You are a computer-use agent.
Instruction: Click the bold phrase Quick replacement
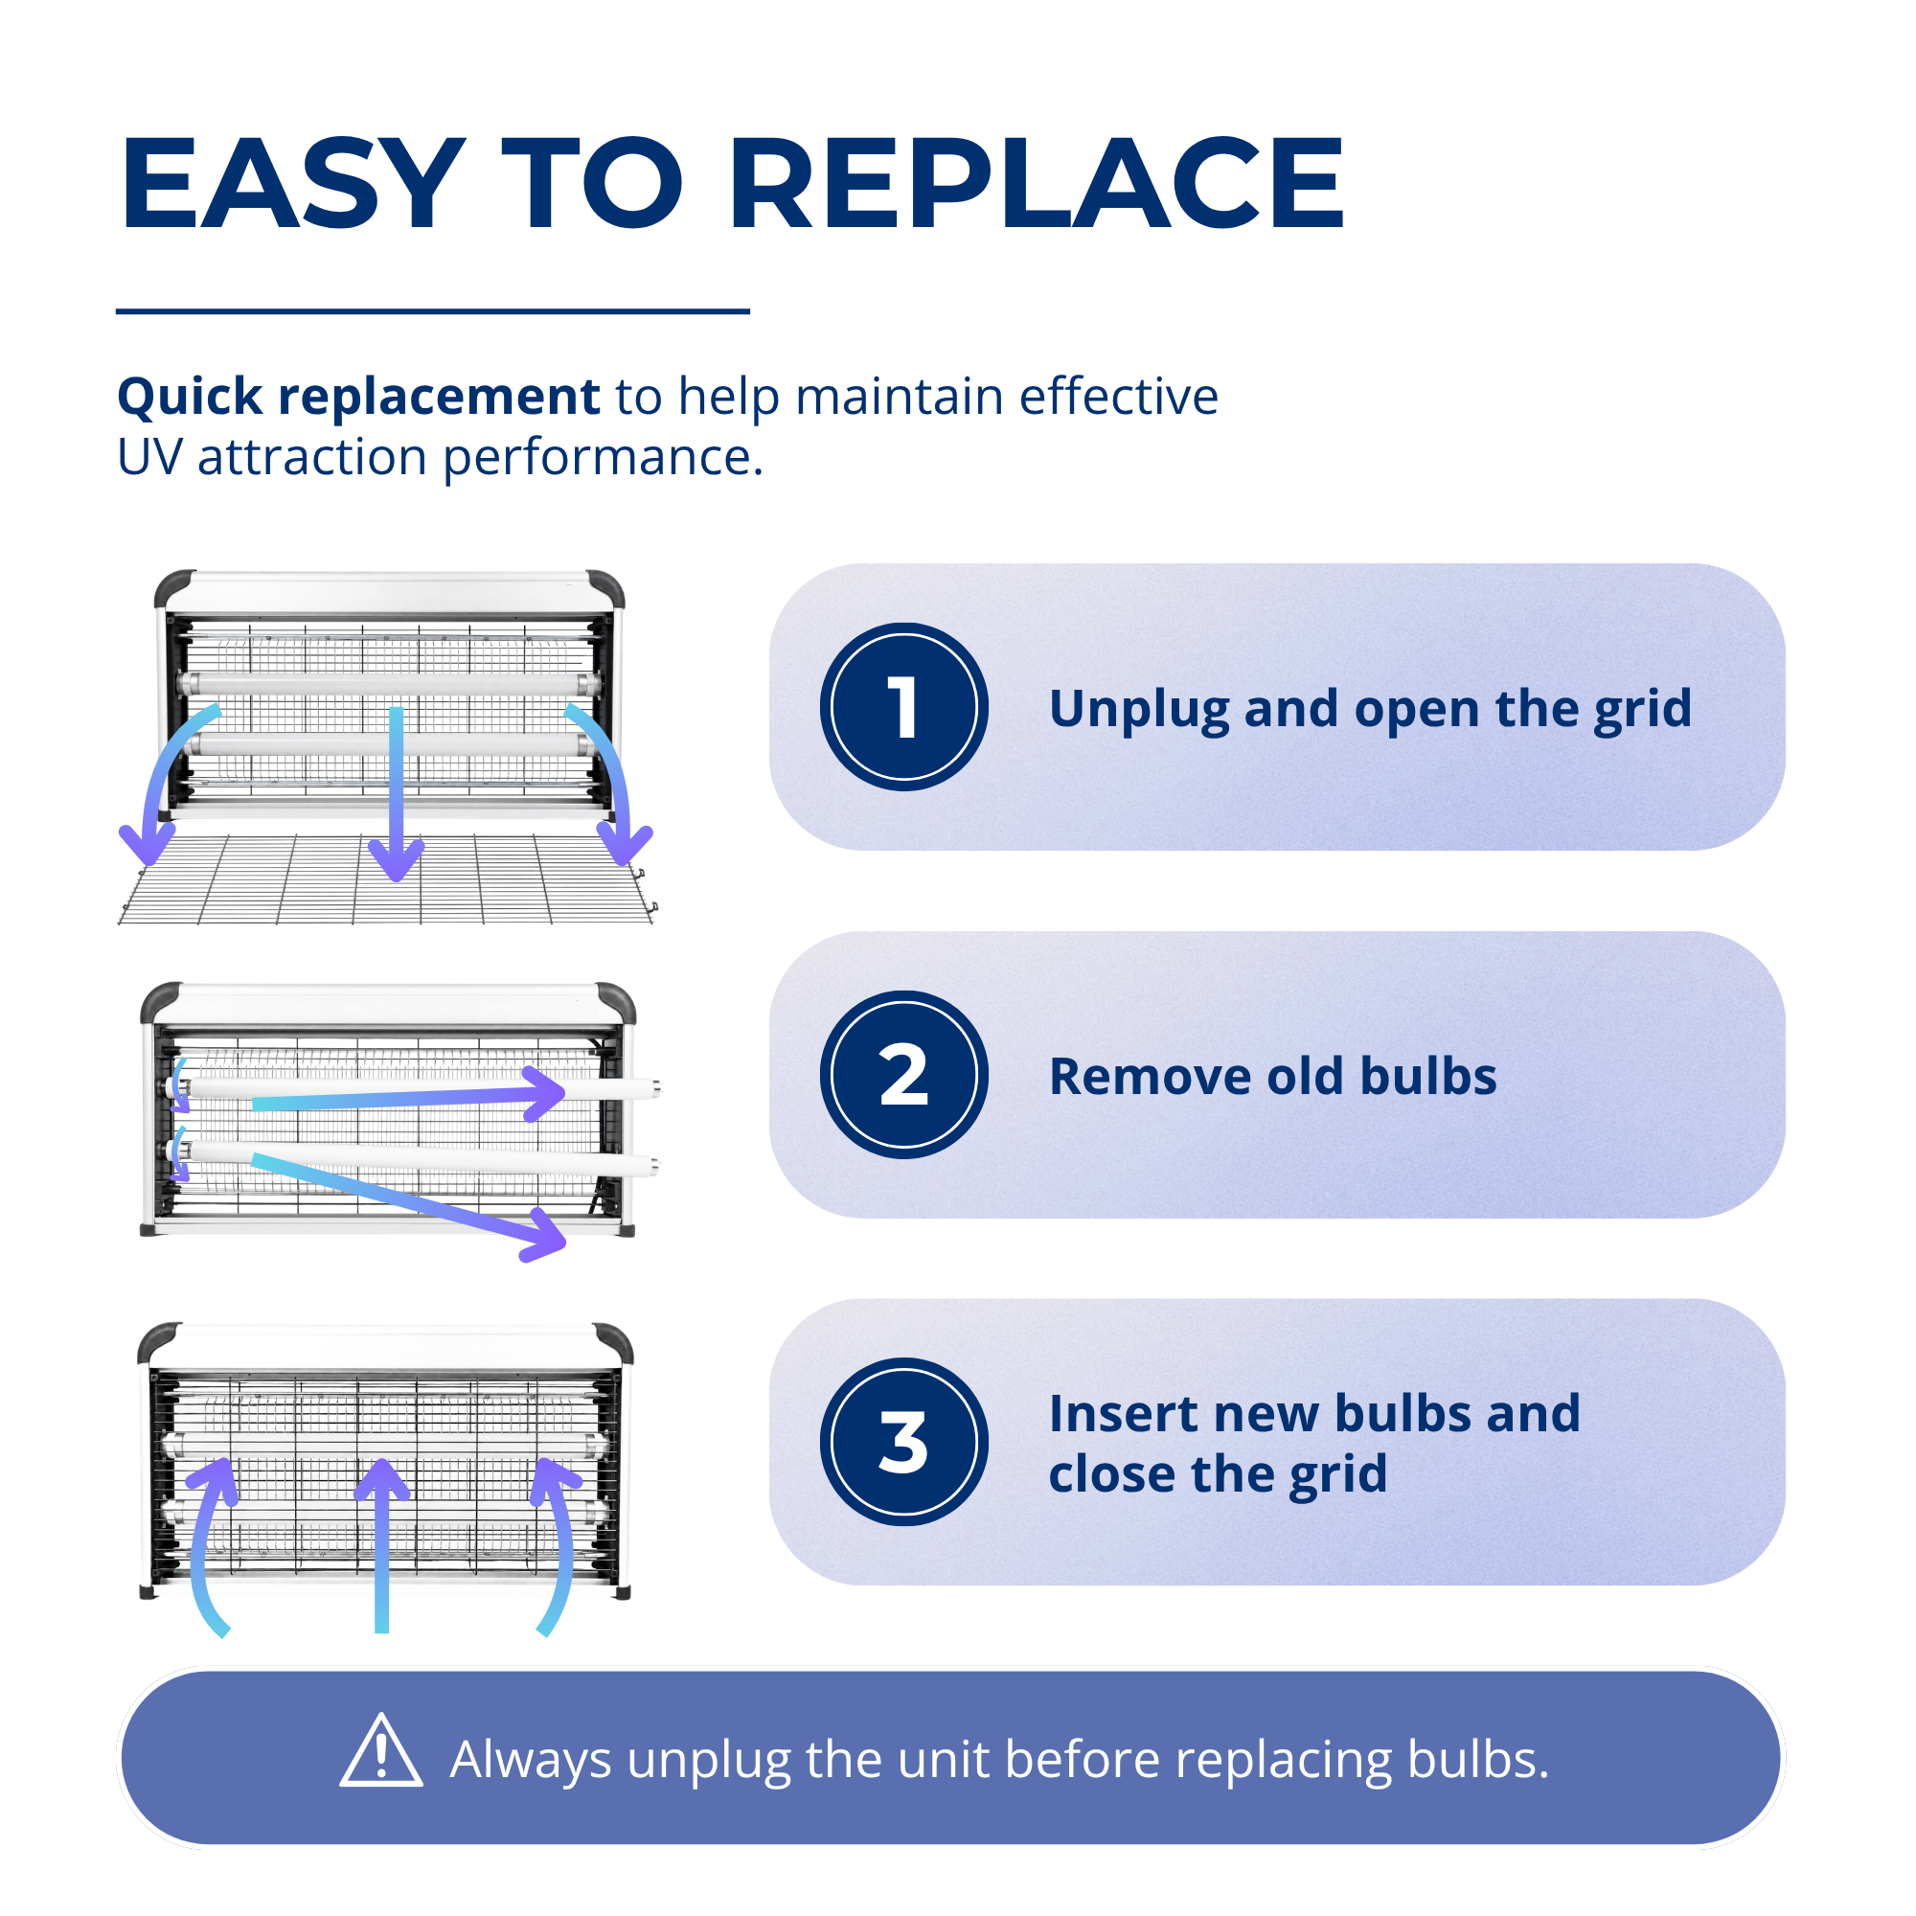click(358, 397)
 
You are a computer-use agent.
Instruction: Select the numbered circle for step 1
click(903, 707)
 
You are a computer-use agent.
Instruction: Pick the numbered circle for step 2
click(903, 1075)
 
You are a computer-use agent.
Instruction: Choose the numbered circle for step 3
click(903, 1442)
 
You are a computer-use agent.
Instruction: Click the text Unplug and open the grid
click(1370, 710)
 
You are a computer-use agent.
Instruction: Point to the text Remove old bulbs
click(1272, 1076)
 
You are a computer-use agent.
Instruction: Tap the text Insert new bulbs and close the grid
click(1314, 1444)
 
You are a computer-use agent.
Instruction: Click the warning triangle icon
click(381, 1751)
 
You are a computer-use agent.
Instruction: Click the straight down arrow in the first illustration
click(397, 793)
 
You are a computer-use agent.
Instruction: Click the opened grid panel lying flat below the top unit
click(387, 879)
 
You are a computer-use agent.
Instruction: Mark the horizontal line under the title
click(432, 311)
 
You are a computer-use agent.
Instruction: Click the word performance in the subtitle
click(603, 458)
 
